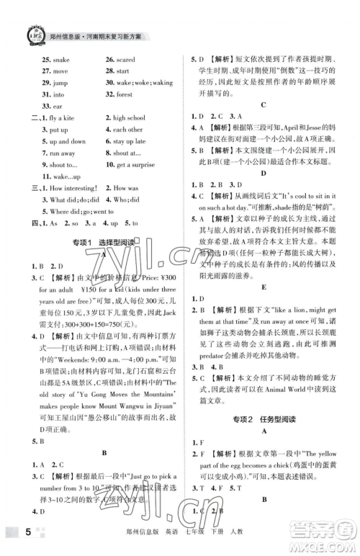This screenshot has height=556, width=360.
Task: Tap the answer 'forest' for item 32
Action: point(124,94)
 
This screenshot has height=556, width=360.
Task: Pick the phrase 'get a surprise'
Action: point(134,165)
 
